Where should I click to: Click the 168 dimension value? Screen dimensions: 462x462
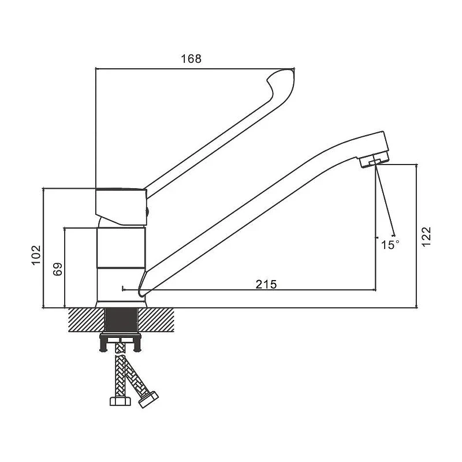click(x=191, y=59)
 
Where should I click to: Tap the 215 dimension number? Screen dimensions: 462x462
click(x=266, y=284)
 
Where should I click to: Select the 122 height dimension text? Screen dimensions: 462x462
click(x=426, y=237)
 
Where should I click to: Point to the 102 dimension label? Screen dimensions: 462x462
click(x=36, y=255)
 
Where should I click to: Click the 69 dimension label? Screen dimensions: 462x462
click(x=58, y=269)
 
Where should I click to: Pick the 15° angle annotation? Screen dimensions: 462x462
click(x=390, y=244)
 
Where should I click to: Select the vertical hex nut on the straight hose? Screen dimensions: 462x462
click(x=120, y=401)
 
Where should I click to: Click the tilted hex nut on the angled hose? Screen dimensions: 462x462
click(x=148, y=399)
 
